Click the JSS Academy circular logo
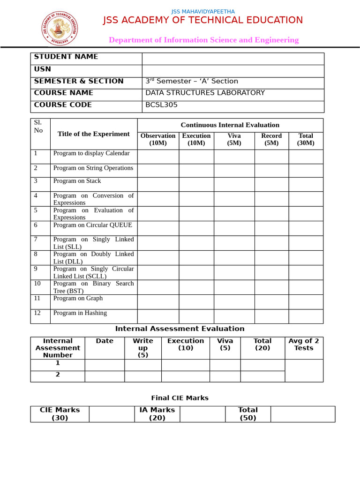coord(60,28)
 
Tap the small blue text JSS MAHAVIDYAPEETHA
coord(203,11)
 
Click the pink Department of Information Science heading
coord(203,40)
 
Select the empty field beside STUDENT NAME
coord(232,59)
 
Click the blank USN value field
coord(232,71)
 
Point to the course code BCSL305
coord(161,105)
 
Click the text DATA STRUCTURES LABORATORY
coord(205,93)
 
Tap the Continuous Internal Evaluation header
coord(230,125)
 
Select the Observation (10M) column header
coord(158,139)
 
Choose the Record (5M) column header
coord(271,139)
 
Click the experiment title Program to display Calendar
coord(91,153)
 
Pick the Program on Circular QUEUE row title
coord(93,225)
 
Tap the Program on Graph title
coord(78,298)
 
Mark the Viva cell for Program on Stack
coord(234,184)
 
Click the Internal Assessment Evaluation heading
coord(180,329)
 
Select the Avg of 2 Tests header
coord(304,345)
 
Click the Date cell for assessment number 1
coord(105,365)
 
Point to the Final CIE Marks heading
coord(180,398)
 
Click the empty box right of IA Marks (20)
coord(202,414)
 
